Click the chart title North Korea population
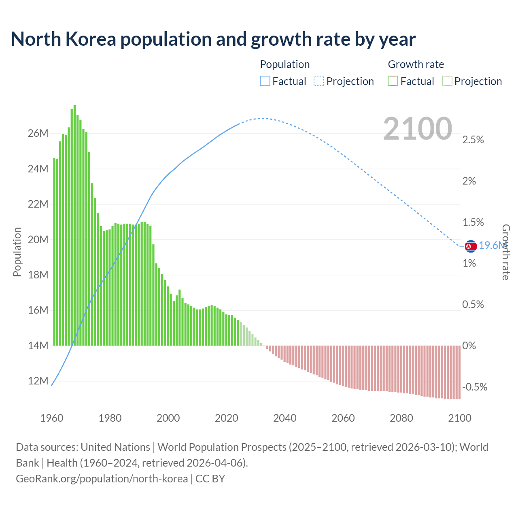pos(213,39)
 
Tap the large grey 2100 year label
pos(417,129)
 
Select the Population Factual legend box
pos(265,81)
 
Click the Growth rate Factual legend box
pos(393,81)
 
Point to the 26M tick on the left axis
pos(38,134)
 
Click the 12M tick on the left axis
pos(38,381)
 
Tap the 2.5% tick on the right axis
pos(473,140)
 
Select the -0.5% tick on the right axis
pos(474,387)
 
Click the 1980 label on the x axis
pos(110,418)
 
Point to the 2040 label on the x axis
pos(284,418)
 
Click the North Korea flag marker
pos(470,246)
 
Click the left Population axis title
pos(17,252)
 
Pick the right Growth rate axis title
pos(505,252)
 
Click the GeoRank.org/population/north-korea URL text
pos(102,479)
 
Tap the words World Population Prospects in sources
pos(222,447)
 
